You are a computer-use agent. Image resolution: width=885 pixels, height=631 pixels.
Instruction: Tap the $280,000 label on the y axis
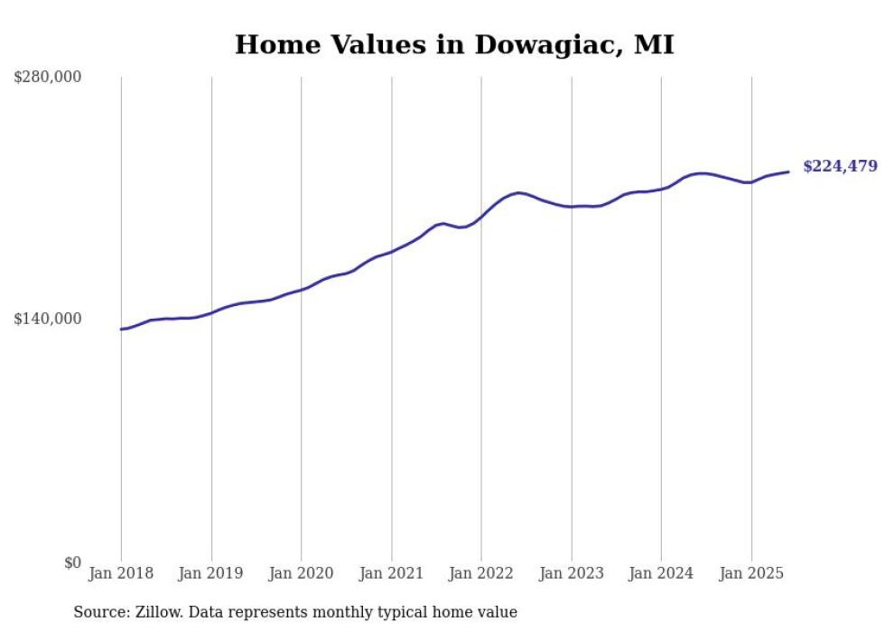pyautogui.click(x=47, y=77)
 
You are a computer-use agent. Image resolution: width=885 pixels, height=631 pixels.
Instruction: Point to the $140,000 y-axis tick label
pyautogui.click(x=47, y=319)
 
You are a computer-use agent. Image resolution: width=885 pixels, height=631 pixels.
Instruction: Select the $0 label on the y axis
pyautogui.click(x=72, y=562)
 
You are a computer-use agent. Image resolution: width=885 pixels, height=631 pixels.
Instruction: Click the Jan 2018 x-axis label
pyautogui.click(x=121, y=573)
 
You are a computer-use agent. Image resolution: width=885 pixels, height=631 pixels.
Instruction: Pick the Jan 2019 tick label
pyautogui.click(x=211, y=573)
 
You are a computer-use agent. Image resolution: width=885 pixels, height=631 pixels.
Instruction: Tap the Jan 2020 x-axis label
pyautogui.click(x=301, y=573)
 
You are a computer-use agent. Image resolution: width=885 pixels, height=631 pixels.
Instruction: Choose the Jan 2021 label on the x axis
pyautogui.click(x=391, y=573)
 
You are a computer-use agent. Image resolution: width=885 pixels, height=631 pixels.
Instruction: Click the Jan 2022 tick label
pyautogui.click(x=481, y=573)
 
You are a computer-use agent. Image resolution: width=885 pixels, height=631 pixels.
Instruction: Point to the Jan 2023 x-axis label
pyautogui.click(x=571, y=573)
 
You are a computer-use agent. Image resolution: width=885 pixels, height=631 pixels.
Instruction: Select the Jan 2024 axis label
pyautogui.click(x=661, y=573)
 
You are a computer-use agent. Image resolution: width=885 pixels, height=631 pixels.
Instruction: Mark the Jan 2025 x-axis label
pyautogui.click(x=751, y=573)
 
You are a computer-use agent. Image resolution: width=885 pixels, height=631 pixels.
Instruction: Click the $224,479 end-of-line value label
pyautogui.click(x=840, y=166)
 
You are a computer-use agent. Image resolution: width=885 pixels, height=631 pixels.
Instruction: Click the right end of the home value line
pyautogui.click(x=788, y=172)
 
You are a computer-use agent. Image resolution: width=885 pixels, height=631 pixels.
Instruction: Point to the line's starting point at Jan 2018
pyautogui.click(x=121, y=329)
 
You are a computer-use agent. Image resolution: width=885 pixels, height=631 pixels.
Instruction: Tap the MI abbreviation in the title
pyautogui.click(x=653, y=45)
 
